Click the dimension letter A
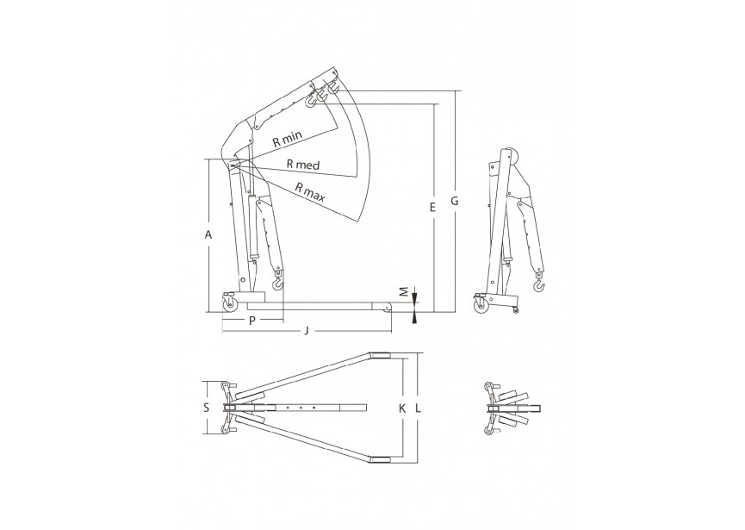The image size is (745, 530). pyautogui.click(x=208, y=234)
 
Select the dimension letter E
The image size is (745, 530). pyautogui.click(x=432, y=207)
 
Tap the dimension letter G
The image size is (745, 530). pyautogui.click(x=454, y=201)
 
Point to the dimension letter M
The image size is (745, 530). pyautogui.click(x=403, y=291)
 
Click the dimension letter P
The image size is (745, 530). pyautogui.click(x=252, y=321)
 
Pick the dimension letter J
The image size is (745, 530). pyautogui.click(x=307, y=331)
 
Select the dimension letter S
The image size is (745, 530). pyautogui.click(x=206, y=408)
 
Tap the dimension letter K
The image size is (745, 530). pyautogui.click(x=402, y=408)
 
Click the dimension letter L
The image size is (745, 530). pyautogui.click(x=418, y=408)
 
